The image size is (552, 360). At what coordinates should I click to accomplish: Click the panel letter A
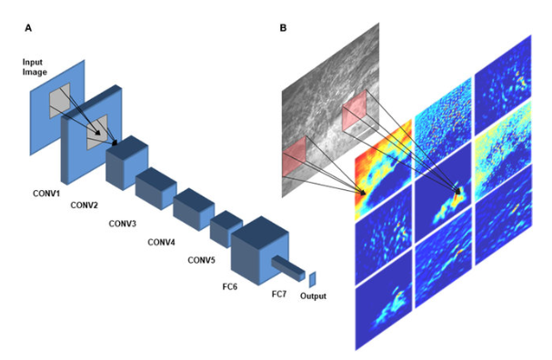pyautogui.click(x=30, y=29)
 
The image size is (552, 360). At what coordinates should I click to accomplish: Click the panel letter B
pyautogui.click(x=284, y=29)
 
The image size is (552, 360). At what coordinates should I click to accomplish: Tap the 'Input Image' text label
pyautogui.click(x=34, y=66)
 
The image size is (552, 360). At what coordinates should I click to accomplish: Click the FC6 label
pyautogui.click(x=242, y=279)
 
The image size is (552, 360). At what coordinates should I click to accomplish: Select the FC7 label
pyautogui.click(x=281, y=294)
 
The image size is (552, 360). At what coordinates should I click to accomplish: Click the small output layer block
pyautogui.click(x=311, y=279)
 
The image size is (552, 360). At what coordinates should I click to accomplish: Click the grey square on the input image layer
pyautogui.click(x=59, y=99)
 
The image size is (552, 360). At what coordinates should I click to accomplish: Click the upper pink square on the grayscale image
pyautogui.click(x=353, y=112)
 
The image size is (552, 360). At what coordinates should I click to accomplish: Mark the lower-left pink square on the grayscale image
pyautogui.click(x=296, y=162)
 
